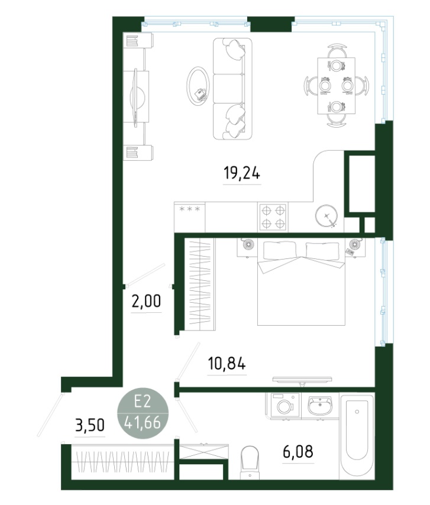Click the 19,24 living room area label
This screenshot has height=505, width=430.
click(x=242, y=174)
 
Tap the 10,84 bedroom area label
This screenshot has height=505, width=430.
click(x=227, y=364)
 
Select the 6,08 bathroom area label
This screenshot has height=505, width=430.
click(x=298, y=452)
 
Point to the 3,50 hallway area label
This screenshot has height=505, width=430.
click(x=90, y=425)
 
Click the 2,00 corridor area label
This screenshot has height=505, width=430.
click(x=146, y=302)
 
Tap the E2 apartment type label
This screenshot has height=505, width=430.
click(x=143, y=402)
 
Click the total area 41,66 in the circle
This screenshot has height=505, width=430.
click(x=143, y=422)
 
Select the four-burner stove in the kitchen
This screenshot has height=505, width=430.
click(x=273, y=217)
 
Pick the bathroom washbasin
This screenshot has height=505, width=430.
click(x=320, y=406)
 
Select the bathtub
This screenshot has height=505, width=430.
click(x=357, y=435)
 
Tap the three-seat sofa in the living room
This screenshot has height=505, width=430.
click(x=232, y=89)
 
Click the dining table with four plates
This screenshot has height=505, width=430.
click(x=337, y=86)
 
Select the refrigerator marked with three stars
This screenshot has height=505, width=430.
click(x=190, y=217)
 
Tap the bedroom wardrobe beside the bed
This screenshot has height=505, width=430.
click(x=199, y=284)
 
